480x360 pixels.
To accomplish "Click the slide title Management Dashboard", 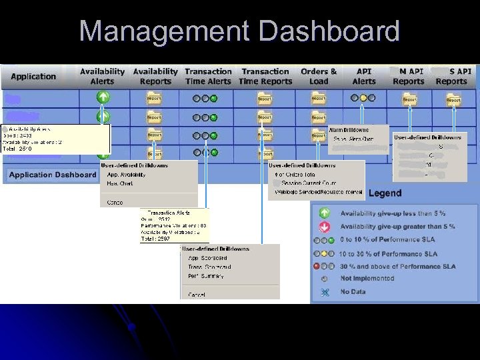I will [239, 31].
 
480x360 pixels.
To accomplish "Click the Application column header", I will [33, 77].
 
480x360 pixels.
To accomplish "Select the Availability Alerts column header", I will [102, 77].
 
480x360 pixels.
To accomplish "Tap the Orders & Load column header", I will [319, 77].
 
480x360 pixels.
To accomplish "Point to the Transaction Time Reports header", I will [265, 77].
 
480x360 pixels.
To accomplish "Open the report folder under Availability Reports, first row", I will [154, 99].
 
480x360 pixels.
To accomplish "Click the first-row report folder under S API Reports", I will [453, 99].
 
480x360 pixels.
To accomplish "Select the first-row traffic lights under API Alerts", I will [363, 98].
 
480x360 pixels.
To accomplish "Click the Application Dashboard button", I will [53, 175].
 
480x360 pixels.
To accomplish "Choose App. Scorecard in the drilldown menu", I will [207, 258].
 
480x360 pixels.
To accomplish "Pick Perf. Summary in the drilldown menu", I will [206, 276].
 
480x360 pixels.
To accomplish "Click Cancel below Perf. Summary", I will [197, 294].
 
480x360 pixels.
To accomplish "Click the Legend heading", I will [385, 193].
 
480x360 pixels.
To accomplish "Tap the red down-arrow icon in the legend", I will [325, 226].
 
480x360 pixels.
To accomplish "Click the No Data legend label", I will [353, 291].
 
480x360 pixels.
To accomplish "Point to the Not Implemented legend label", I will [364, 278].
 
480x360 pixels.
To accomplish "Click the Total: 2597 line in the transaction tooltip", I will [156, 238].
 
